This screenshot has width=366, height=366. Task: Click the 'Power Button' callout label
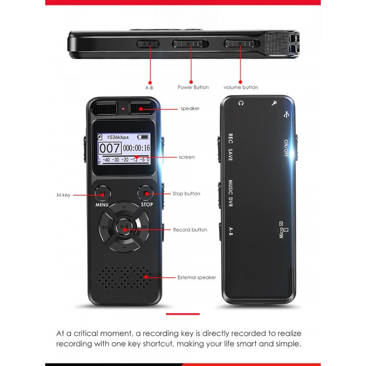[193, 87]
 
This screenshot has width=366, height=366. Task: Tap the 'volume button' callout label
[240, 87]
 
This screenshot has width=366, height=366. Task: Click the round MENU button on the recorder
[103, 193]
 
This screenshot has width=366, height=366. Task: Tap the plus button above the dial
[124, 207]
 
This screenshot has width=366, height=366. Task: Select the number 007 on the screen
[110, 148]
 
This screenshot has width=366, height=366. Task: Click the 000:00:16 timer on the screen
[137, 148]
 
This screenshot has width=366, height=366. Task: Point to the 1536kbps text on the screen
[118, 137]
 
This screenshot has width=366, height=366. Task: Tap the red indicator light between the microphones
[123, 109]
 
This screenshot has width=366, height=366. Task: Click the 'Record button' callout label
[190, 230]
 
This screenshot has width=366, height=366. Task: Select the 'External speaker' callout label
[196, 277]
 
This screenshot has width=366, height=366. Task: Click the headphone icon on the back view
[240, 103]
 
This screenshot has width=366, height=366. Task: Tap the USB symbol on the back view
[287, 114]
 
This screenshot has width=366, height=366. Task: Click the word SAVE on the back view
[230, 155]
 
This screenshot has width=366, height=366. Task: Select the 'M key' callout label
[63, 195]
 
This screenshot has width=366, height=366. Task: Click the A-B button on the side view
[148, 44]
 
